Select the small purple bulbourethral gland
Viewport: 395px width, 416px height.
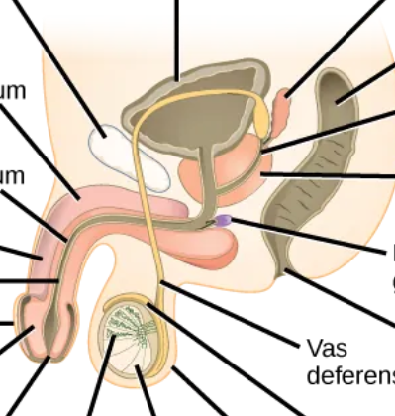(x=225, y=221)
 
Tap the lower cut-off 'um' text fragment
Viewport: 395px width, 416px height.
(x=13, y=176)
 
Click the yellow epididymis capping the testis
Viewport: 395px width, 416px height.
(x=129, y=303)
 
